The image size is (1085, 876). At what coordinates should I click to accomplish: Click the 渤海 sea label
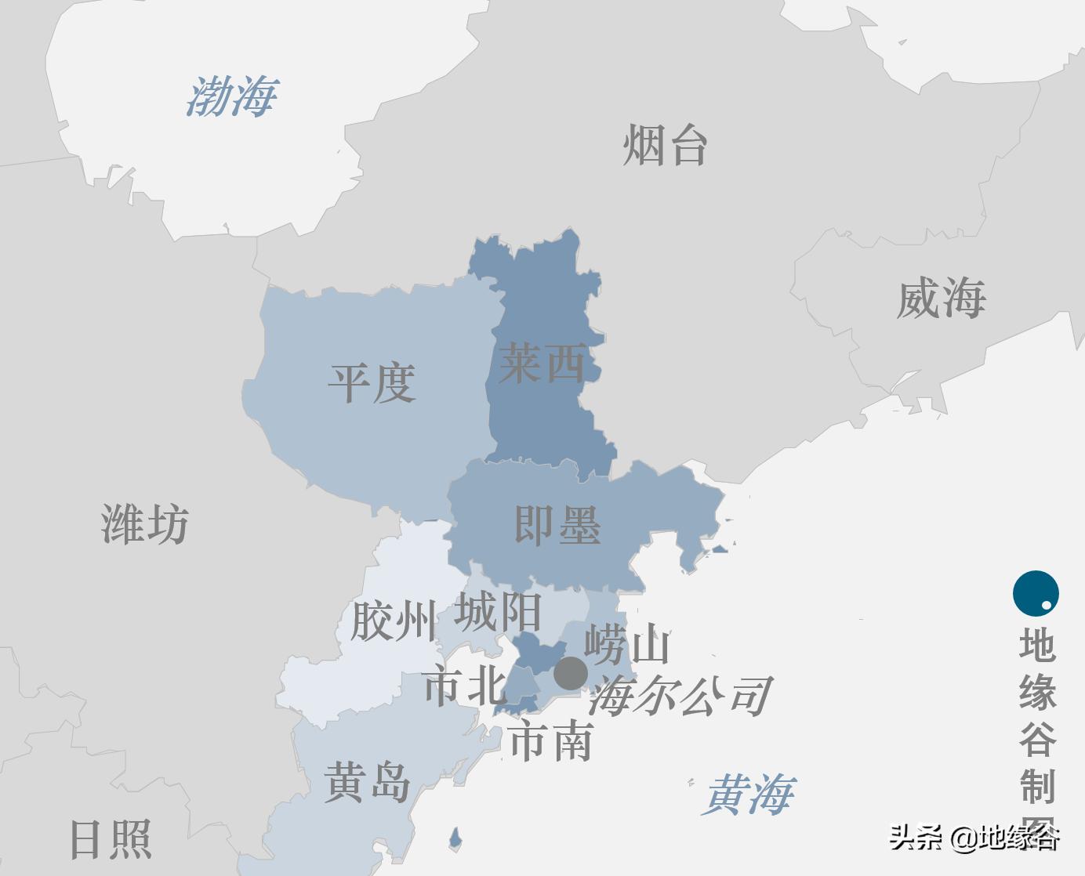tap(232, 97)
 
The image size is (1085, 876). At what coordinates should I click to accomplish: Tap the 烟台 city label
tap(666, 146)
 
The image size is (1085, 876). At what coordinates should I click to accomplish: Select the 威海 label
tap(941, 299)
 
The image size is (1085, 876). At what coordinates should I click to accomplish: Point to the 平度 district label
tap(372, 383)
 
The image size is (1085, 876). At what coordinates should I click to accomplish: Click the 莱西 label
tap(542, 364)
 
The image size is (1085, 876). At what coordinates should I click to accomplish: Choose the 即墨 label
tap(557, 525)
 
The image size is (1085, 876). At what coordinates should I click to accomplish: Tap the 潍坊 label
tap(145, 524)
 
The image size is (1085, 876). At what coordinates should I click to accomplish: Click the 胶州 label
tap(392, 621)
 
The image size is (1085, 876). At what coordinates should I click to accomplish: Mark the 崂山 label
tap(627, 645)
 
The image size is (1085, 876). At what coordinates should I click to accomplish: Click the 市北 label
tap(465, 686)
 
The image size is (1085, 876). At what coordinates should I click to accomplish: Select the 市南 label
tap(550, 741)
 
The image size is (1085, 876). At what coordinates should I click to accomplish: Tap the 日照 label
tap(111, 839)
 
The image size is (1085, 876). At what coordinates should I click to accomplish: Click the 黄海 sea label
tap(749, 795)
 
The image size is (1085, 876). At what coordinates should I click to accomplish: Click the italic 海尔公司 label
tap(680, 696)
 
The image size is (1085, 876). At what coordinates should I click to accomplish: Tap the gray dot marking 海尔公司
tap(571, 673)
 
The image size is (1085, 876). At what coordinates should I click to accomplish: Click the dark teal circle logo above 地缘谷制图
tap(1036, 593)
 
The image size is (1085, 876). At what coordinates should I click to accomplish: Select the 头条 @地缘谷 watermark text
tap(974, 838)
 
